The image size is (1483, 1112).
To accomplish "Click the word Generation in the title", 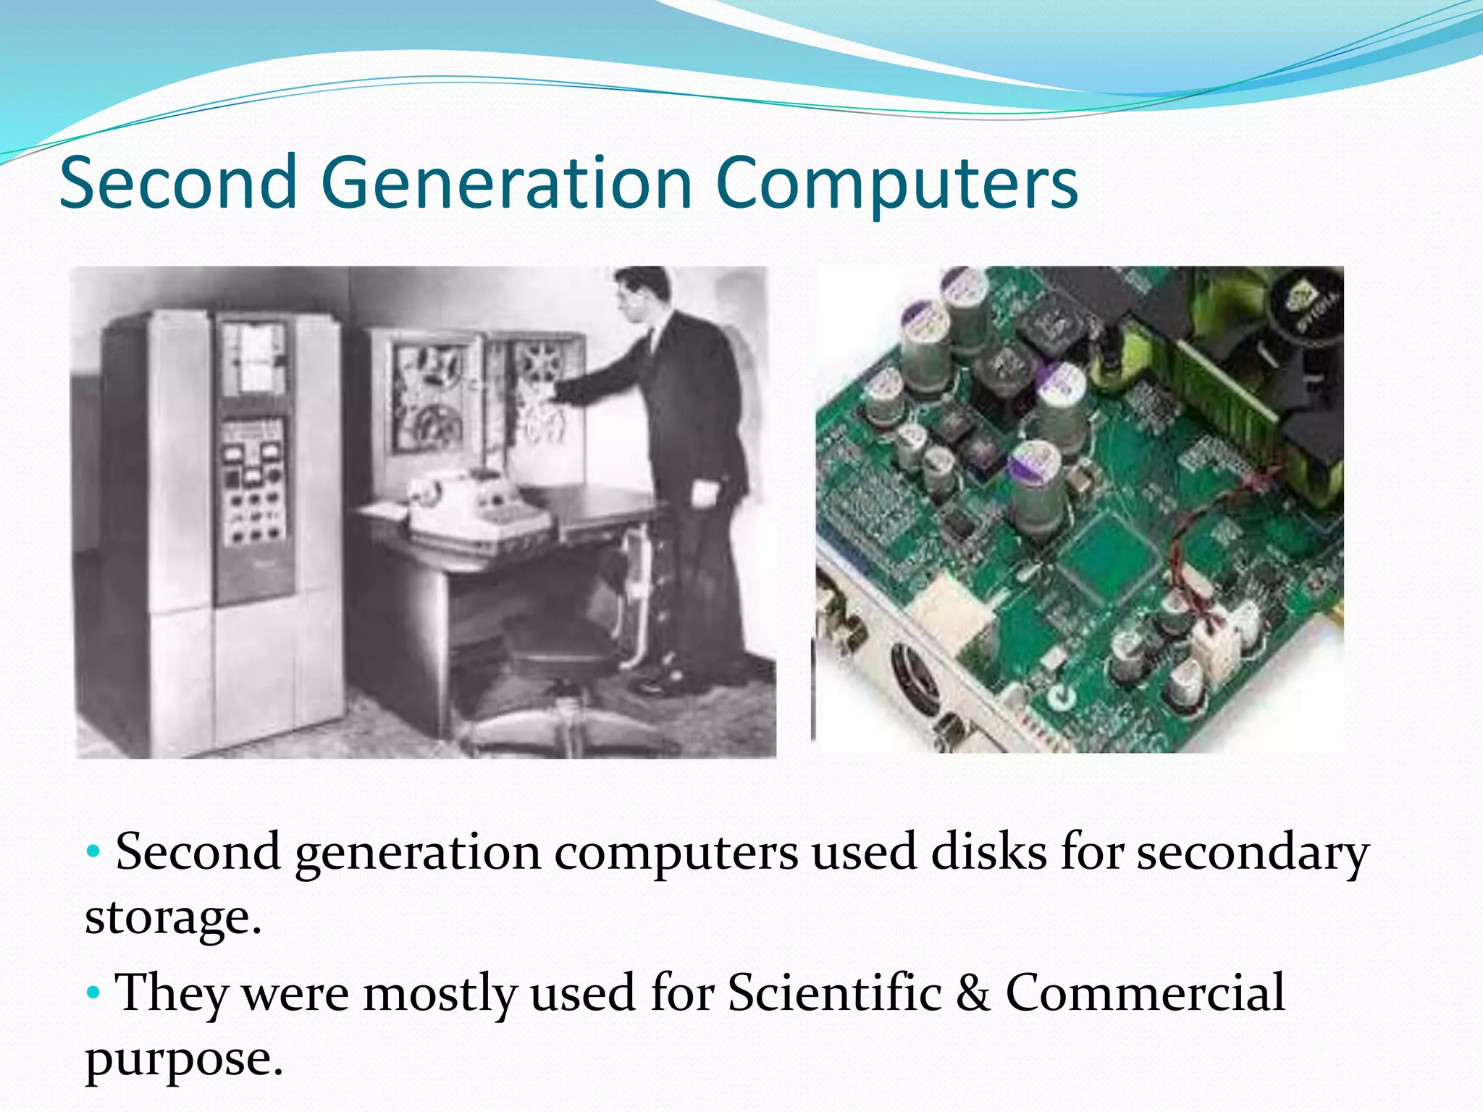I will click(x=506, y=183).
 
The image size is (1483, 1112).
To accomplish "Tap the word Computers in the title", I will click(x=896, y=183).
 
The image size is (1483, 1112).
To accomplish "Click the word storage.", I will click(x=172, y=918).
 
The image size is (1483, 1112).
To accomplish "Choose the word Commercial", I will click(x=1145, y=992).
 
